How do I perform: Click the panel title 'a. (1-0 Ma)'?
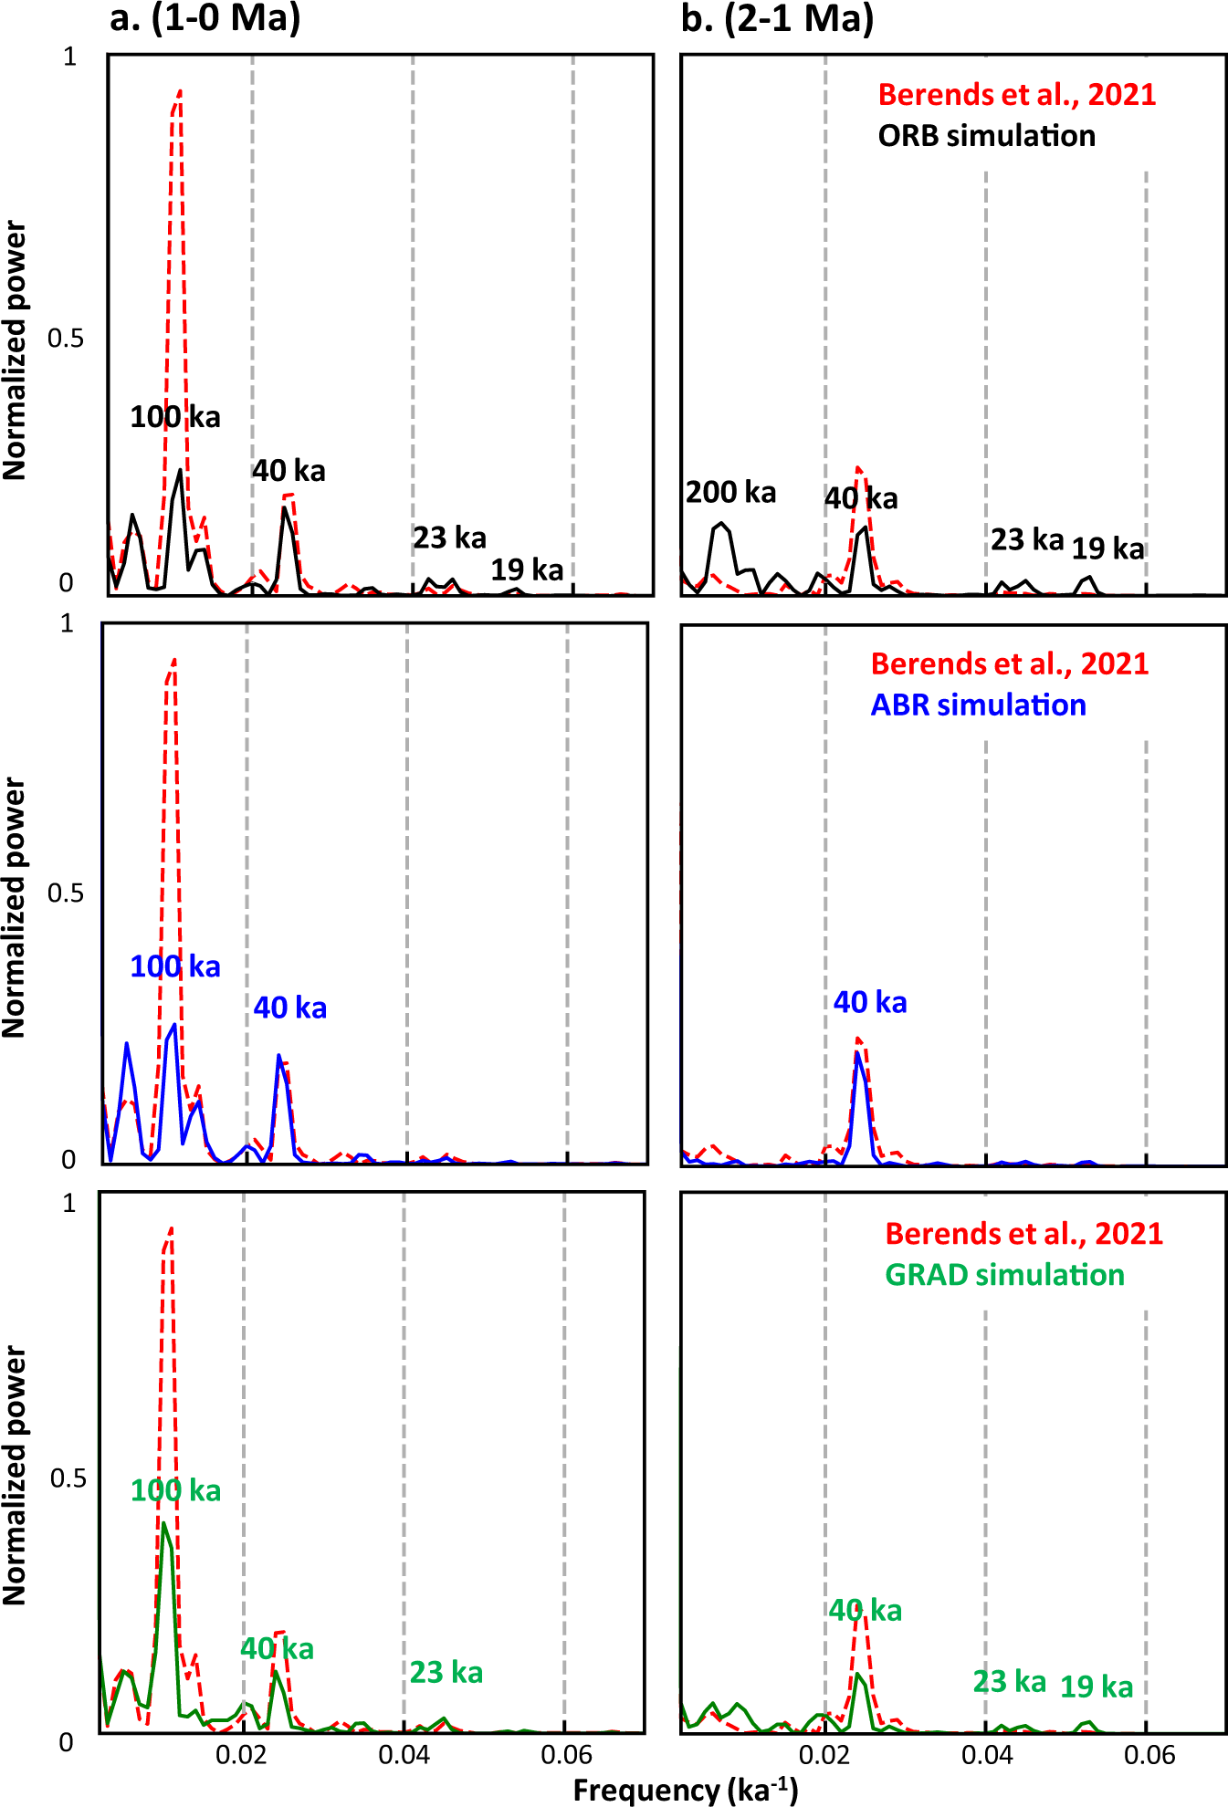[x=205, y=18]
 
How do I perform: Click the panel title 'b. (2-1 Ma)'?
[x=777, y=18]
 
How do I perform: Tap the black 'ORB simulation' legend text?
[x=986, y=136]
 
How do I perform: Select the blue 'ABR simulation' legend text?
[x=978, y=705]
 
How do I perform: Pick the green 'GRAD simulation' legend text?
[x=1004, y=1275]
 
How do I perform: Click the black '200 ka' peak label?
[x=730, y=493]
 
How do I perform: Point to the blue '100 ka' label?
[x=175, y=966]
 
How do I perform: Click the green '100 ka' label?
[x=175, y=1491]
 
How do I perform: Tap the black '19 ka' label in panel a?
[x=527, y=570]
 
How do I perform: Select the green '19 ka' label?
[x=1096, y=1687]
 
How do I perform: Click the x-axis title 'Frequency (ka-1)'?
[x=685, y=1791]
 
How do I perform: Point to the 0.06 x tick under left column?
[x=566, y=1754]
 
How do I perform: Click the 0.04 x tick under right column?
[x=986, y=1754]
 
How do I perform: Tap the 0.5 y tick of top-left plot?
[x=65, y=339]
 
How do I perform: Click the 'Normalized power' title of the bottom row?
[x=15, y=1475]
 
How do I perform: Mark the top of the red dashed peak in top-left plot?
[x=180, y=90]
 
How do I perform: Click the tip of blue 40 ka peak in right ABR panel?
[x=857, y=1053]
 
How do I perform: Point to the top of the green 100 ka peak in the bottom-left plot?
[x=163, y=1523]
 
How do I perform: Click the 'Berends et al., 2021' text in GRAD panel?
[x=1023, y=1234]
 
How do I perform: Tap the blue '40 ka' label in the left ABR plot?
[x=289, y=1008]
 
